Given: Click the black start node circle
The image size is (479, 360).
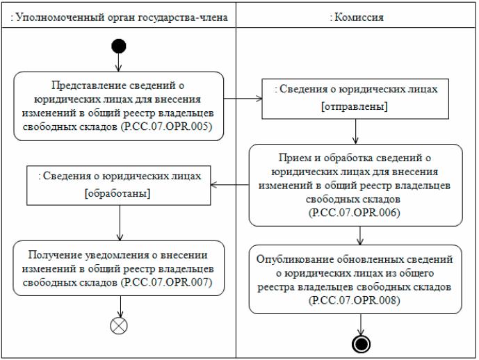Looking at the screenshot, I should (x=118, y=47).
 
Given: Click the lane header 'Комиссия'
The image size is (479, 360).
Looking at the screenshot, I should (x=357, y=14).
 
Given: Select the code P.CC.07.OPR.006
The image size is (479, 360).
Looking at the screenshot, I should (x=355, y=213).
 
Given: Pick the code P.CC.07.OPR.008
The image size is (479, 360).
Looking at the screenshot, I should (x=356, y=299).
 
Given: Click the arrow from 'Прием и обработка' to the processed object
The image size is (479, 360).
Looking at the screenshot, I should (x=230, y=184).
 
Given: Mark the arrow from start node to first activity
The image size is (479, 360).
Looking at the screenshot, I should (x=118, y=63).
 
